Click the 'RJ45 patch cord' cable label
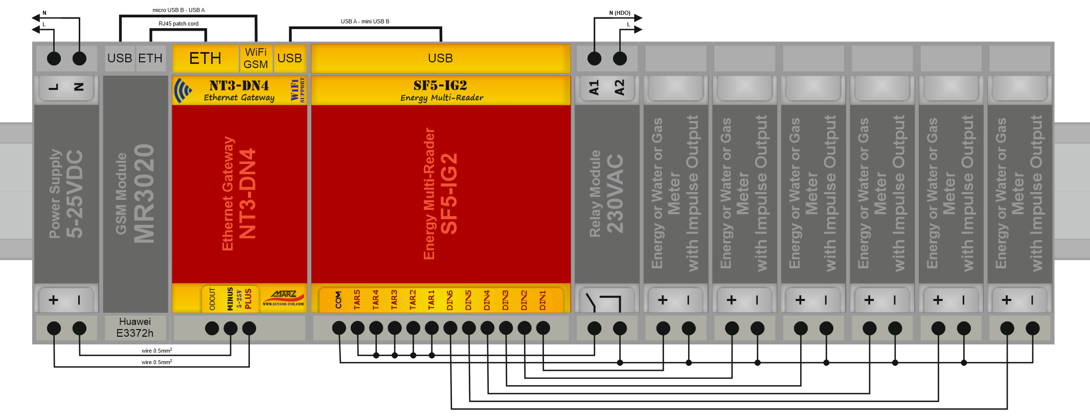tap(178, 24)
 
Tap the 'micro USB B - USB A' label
tap(178, 10)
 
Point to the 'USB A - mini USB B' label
tap(365, 21)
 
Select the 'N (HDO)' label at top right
tap(620, 13)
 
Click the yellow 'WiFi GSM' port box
tap(256, 58)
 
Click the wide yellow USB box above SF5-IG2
tap(440, 58)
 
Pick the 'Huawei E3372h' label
tap(135, 327)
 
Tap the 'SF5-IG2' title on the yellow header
tap(440, 85)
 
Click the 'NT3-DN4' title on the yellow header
tap(239, 85)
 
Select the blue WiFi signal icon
tap(183, 90)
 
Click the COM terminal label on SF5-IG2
tap(338, 300)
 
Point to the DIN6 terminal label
tap(450, 300)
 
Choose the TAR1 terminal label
tap(431, 300)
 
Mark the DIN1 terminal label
tap(542, 300)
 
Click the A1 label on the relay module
tap(594, 87)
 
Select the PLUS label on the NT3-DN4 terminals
tap(248, 299)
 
